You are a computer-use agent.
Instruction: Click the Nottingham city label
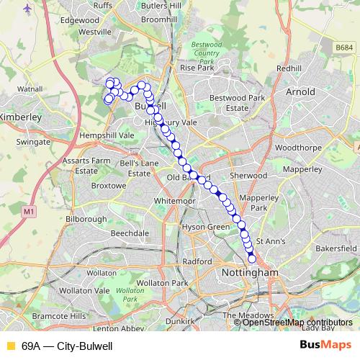(x=251, y=274)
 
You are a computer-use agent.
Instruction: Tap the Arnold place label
(x=300, y=92)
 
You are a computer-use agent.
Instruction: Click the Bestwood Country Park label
(x=207, y=54)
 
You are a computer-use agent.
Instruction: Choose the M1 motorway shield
(x=28, y=212)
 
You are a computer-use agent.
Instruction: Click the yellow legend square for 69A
(x=10, y=346)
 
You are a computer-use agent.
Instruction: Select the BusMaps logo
(x=325, y=345)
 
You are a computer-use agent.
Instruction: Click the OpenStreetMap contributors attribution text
(x=297, y=323)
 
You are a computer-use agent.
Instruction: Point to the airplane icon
(x=28, y=8)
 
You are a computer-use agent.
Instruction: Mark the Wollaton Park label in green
(x=130, y=294)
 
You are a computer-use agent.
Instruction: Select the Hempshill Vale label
(x=107, y=135)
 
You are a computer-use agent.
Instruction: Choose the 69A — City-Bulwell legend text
(x=67, y=346)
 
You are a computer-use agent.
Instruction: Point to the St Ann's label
(x=271, y=241)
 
